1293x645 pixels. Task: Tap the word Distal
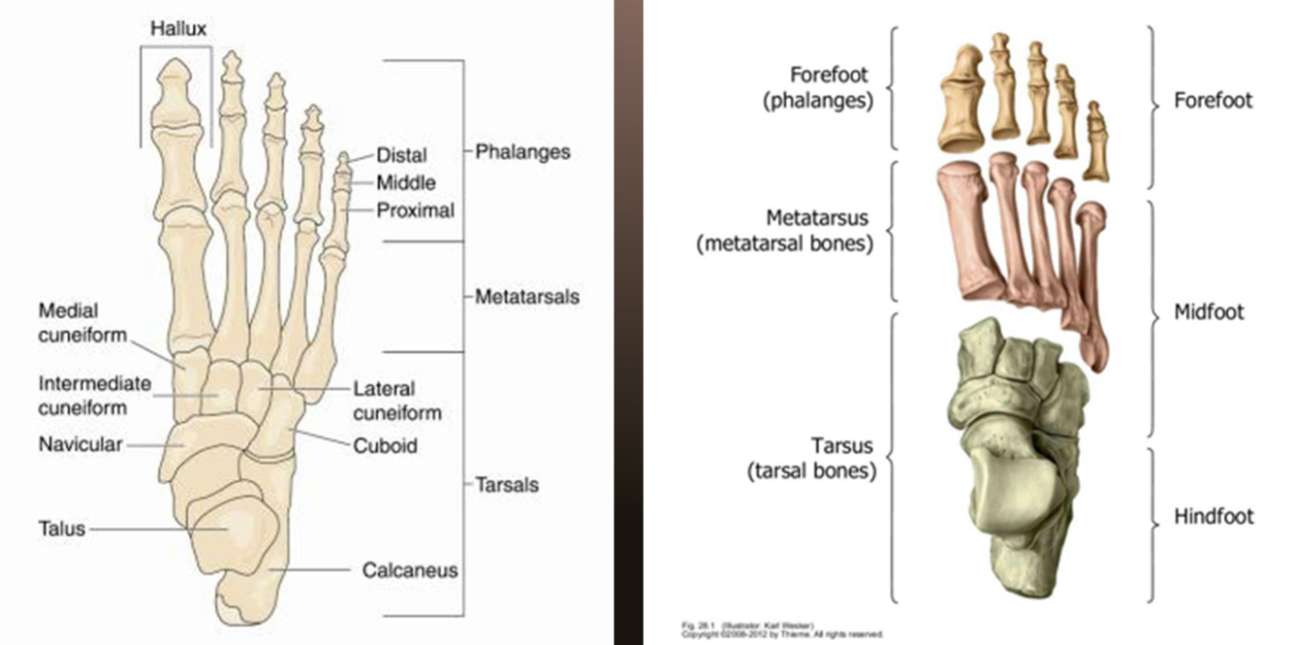point(401,155)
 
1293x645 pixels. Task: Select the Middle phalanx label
point(406,182)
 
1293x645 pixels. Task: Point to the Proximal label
point(415,210)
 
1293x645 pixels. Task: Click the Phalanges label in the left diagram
point(522,151)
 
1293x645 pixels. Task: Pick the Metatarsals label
point(527,296)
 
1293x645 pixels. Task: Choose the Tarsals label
point(506,484)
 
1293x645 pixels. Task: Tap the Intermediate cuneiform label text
point(94,396)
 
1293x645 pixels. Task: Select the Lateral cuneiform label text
point(396,401)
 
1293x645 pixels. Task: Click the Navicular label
point(80,445)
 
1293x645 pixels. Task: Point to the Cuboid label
point(385,446)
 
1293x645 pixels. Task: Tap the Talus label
point(62,529)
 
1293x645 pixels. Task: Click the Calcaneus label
point(410,570)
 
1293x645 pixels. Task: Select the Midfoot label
point(1209,312)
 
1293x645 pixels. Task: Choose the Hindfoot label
point(1214,516)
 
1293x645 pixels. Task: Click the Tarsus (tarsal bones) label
point(811,459)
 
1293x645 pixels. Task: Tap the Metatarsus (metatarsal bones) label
point(785,230)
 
